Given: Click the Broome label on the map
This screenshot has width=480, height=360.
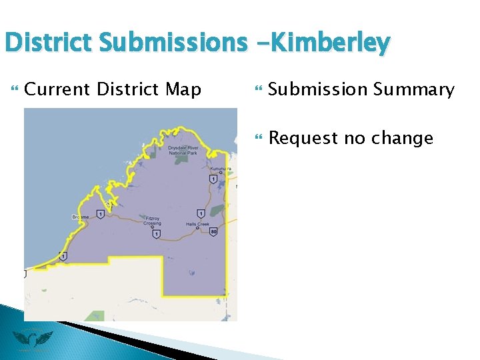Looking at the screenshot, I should click(80, 217).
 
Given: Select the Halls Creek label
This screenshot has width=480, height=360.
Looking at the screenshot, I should click(197, 225).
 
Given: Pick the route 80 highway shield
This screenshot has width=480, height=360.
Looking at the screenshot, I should click(213, 232).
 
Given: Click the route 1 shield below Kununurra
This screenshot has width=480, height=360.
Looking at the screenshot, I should click(211, 179).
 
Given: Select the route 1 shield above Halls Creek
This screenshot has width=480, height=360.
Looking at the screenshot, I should click(200, 213).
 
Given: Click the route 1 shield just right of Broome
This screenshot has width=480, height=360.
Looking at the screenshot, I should click(99, 214).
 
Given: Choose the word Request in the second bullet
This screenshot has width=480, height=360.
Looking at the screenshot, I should click(303, 138).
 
